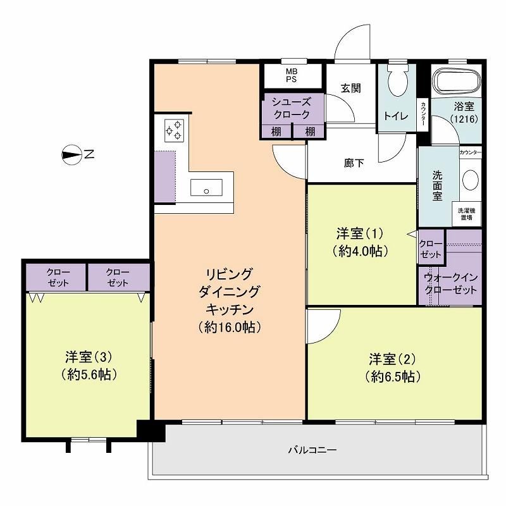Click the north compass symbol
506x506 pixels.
[71, 155]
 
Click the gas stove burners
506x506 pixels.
[175, 131]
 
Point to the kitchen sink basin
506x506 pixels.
[207, 187]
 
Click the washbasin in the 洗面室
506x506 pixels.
[471, 181]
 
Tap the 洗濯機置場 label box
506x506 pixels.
[467, 214]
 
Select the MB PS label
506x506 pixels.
[292, 75]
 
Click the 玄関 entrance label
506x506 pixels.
[351, 88]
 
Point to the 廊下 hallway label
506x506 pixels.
[354, 163]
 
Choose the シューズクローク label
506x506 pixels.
[292, 108]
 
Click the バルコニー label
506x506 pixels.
[312, 450]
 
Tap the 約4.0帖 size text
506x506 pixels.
[360, 250]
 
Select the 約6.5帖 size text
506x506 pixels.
[393, 376]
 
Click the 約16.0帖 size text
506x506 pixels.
[230, 327]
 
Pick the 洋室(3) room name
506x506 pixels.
[89, 357]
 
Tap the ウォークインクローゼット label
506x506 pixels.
[450, 283]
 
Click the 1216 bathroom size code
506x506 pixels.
[464, 119]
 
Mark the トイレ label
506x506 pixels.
[397, 116]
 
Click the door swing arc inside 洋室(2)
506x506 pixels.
[333, 333]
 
